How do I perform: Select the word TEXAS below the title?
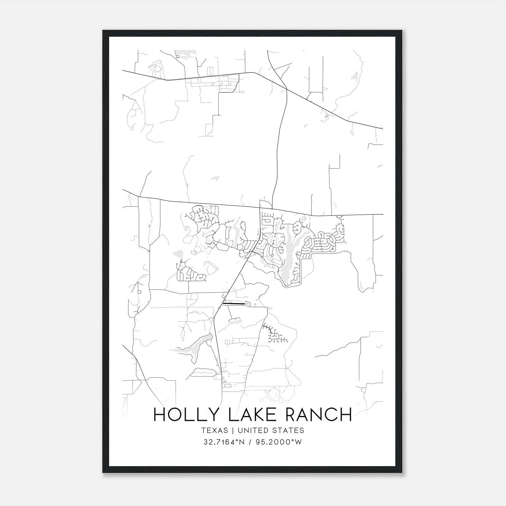[x=214, y=430]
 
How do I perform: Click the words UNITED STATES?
[x=271, y=430]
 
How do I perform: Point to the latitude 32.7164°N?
[x=224, y=442]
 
